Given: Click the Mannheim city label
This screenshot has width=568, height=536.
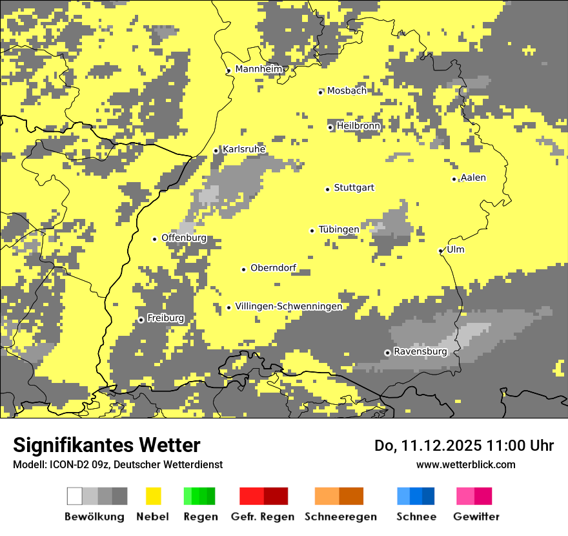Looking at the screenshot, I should point(259,69).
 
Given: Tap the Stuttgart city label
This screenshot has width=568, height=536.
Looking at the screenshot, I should point(354,188).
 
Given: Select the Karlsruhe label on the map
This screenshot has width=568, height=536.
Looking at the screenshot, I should point(243,149).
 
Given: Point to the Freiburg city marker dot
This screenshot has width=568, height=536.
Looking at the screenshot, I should point(141,320).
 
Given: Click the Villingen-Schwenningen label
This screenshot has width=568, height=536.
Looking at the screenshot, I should point(289,307).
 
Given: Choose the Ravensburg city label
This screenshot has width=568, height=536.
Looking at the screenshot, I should point(420,352).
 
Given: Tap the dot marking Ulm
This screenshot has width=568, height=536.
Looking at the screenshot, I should point(441,251).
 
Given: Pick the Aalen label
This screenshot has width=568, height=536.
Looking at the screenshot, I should point(473,178).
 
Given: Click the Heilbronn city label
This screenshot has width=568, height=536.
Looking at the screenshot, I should point(358,126).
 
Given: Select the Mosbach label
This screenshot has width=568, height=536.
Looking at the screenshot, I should point(347,91).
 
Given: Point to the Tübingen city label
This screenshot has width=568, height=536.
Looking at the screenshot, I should point(339,229).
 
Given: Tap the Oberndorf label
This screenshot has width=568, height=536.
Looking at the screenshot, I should point(273,268).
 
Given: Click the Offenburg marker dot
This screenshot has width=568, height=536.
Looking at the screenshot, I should point(154,240).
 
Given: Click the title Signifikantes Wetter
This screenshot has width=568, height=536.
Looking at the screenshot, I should point(107,445).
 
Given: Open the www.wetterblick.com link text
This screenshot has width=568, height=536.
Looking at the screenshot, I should point(465,464).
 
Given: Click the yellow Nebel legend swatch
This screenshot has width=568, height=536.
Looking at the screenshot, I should point(153,496).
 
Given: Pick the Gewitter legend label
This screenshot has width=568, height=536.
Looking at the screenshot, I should point(476,517).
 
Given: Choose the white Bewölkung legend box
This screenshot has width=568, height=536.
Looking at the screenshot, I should point(74,496).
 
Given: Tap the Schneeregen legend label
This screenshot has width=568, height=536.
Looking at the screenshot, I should point(340,517).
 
